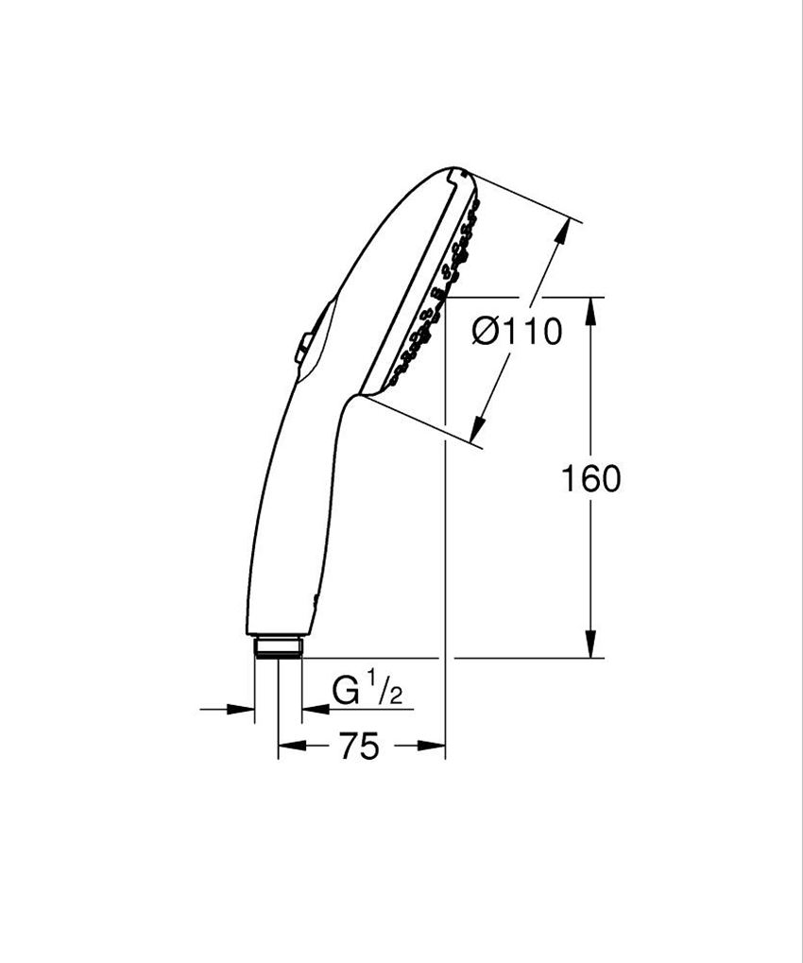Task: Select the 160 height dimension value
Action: point(591,479)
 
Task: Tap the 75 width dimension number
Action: point(359,747)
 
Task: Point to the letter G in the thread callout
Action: point(346,692)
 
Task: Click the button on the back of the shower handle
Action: point(303,347)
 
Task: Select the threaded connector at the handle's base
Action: point(278,646)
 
